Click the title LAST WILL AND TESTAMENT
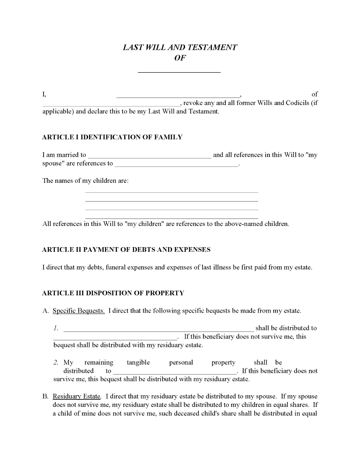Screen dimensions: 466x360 pyautogui.click(x=180, y=47)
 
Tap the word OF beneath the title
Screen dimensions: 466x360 pyautogui.click(x=180, y=58)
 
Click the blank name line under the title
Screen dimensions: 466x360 pyautogui.click(x=179, y=71)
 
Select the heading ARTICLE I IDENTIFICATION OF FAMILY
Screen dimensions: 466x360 pyautogui.click(x=112, y=137)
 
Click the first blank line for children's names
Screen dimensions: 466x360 pyautogui.click(x=172, y=192)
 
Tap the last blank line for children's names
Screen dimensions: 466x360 pyautogui.click(x=172, y=218)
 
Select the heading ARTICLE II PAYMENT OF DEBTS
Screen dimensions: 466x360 pyautogui.click(x=126, y=250)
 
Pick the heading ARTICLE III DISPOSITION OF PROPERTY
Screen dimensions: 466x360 pyautogui.click(x=113, y=293)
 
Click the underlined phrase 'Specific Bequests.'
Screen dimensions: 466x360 pyautogui.click(x=79, y=311)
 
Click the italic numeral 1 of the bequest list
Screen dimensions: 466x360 pyautogui.click(x=55, y=328)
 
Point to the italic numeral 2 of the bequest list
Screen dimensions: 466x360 pyautogui.click(x=56, y=362)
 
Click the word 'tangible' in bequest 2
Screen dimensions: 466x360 pyautogui.click(x=138, y=362)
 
